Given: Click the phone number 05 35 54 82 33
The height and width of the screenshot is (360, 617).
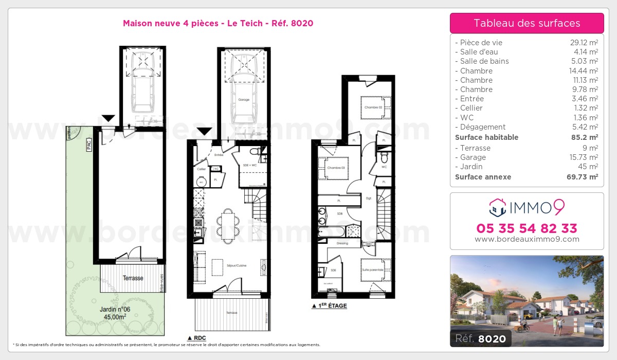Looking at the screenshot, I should tap(527, 228).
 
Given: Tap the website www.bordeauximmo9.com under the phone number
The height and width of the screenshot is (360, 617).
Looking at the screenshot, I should tap(527, 239).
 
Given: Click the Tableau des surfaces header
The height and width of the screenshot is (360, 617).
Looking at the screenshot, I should tap(527, 23).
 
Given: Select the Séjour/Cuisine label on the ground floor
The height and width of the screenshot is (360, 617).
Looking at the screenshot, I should tap(236, 265).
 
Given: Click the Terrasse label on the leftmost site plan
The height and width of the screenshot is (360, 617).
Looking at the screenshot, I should tap(133, 278).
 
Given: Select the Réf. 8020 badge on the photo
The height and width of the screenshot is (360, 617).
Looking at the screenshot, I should tap(480, 338).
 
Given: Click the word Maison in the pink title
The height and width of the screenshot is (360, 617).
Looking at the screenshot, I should tap(137, 23).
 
